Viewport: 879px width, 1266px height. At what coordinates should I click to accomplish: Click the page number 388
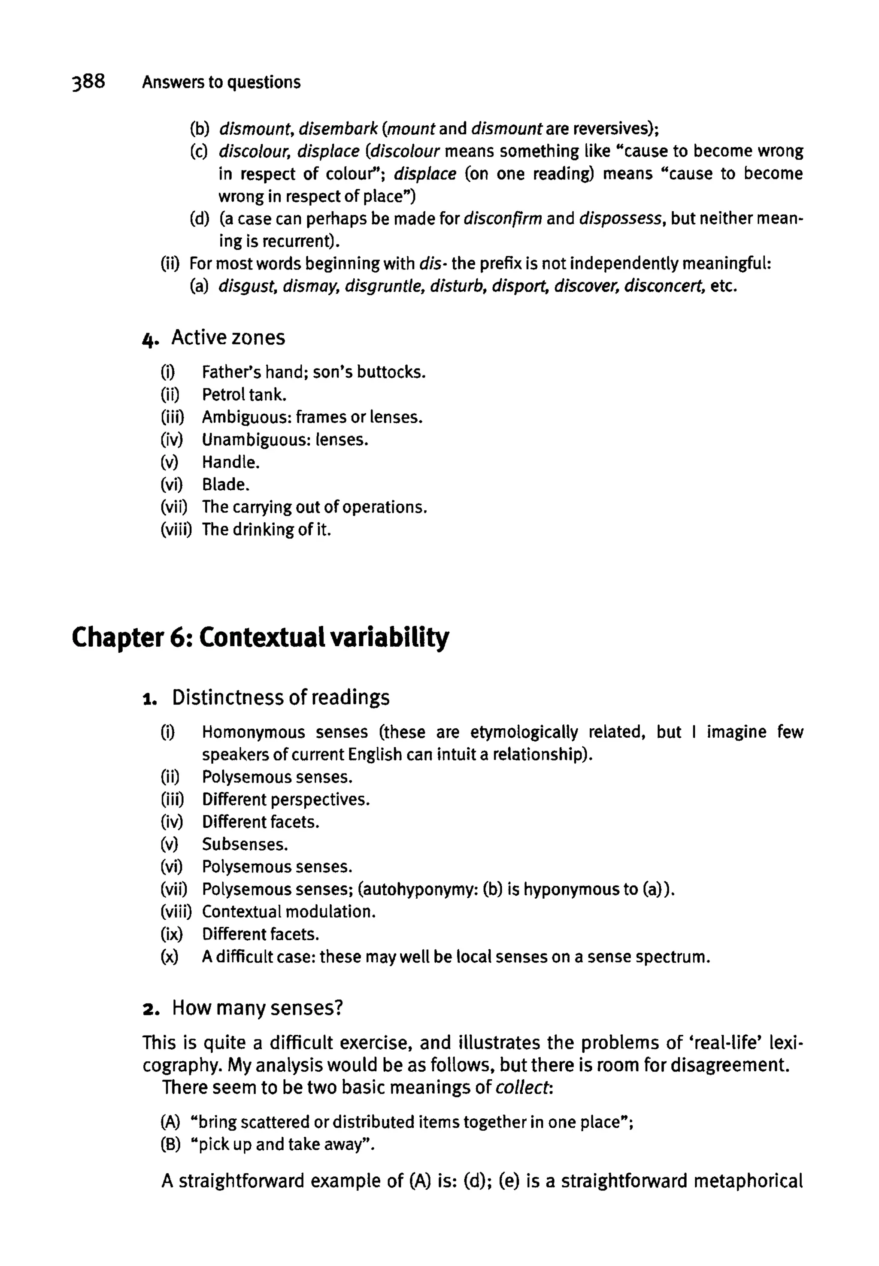click(x=88, y=82)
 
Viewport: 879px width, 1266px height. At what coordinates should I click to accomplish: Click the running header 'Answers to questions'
click(x=221, y=82)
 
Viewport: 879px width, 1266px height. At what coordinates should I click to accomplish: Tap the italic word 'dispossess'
click(x=620, y=218)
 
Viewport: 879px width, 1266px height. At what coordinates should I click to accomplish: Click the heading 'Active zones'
click(x=228, y=338)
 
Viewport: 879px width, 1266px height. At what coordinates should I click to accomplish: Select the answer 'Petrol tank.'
click(x=244, y=395)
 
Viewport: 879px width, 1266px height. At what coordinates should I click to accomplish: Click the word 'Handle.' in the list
click(x=230, y=462)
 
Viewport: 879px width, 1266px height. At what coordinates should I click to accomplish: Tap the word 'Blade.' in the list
click(x=226, y=485)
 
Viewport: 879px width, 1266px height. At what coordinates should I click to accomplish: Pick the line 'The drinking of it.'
click(x=267, y=530)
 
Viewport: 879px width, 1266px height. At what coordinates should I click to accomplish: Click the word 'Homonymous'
click(x=253, y=733)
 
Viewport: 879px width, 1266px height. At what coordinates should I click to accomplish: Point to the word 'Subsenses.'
click(x=245, y=845)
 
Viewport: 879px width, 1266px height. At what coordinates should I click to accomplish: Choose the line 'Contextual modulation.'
click(x=288, y=912)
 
